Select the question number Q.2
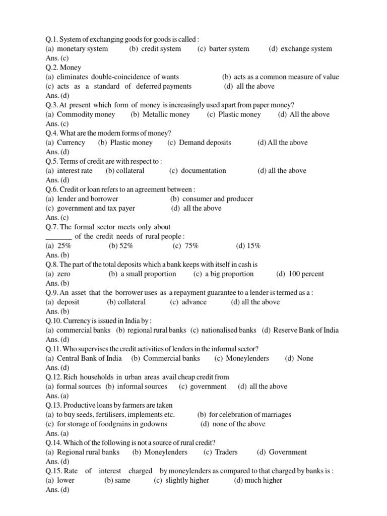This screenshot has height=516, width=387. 52,68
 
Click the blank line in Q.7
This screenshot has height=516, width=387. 58,237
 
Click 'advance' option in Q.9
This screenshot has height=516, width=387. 194,302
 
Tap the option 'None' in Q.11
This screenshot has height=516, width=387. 305,359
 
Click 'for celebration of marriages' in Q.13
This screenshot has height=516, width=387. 250,415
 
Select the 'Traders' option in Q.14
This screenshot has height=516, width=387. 226,453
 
